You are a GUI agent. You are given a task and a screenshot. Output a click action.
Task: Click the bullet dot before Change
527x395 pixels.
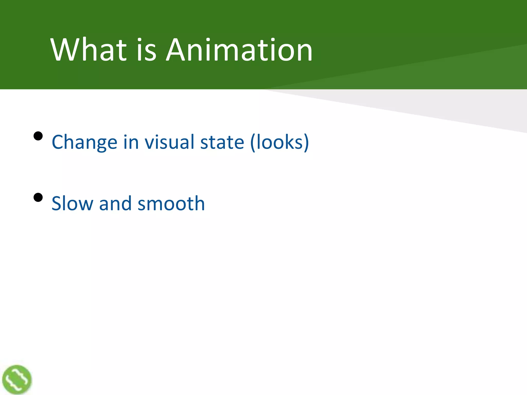(x=38, y=136)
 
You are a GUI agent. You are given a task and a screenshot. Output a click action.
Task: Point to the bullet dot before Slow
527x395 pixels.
(x=38, y=197)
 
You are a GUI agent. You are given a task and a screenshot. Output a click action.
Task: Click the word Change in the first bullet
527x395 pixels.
(x=84, y=142)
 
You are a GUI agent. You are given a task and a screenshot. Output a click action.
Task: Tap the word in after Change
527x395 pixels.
(x=131, y=142)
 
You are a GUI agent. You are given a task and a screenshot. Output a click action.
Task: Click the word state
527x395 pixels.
(x=222, y=142)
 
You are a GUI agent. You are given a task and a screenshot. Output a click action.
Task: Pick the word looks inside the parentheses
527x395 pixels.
(x=279, y=142)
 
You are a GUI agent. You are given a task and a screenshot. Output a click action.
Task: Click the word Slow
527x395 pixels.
(x=72, y=203)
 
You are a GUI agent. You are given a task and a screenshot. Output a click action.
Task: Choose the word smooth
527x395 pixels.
(x=171, y=203)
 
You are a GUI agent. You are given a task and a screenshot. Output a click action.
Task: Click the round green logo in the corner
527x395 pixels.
(x=17, y=379)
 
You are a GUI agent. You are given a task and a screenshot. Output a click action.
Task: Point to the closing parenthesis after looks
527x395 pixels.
(x=306, y=142)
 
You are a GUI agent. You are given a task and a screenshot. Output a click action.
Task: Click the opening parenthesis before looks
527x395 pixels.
(x=253, y=142)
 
